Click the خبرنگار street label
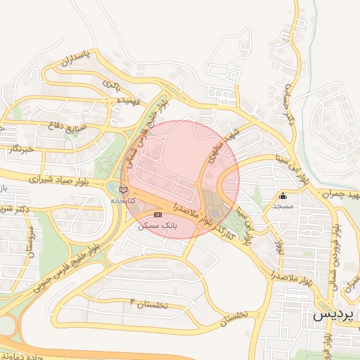pos(20,149)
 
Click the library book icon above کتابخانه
pos(124,190)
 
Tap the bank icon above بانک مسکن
pos(157,214)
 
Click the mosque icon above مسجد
pos(283,196)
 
